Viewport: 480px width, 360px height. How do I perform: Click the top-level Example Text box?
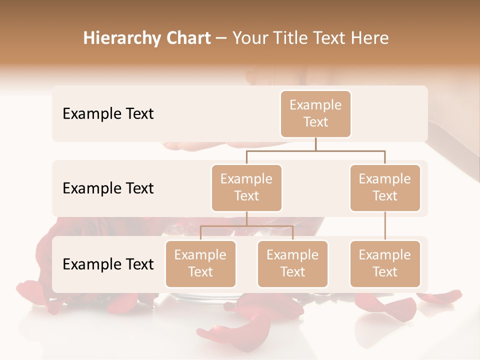[x=315, y=114]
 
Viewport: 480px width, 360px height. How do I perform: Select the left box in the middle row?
[x=246, y=188]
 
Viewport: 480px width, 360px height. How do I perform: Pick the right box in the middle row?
[x=385, y=188]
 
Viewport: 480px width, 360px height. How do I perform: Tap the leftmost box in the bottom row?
[x=200, y=264]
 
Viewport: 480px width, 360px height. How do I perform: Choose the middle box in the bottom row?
[x=292, y=264]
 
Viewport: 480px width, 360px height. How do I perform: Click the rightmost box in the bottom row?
[x=385, y=264]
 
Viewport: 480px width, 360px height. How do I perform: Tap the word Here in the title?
[x=371, y=38]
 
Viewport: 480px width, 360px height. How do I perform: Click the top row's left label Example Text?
[x=108, y=114]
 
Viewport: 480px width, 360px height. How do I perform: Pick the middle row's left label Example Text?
[x=108, y=188]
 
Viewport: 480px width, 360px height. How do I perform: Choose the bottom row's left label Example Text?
[x=108, y=264]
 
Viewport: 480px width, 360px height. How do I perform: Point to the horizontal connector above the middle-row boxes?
[x=315, y=150]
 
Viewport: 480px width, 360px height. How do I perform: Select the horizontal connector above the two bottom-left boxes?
[x=246, y=226]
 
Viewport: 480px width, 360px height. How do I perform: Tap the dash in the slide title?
[x=221, y=38]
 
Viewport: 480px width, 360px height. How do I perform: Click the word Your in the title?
[x=250, y=38]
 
